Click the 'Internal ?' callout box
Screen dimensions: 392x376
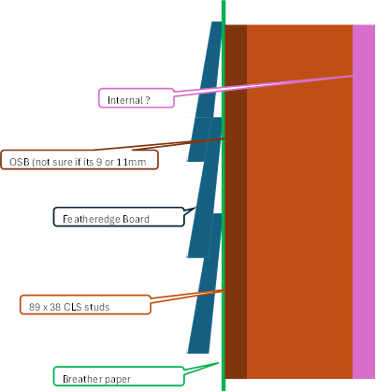(137, 98)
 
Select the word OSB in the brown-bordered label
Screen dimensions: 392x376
(19, 161)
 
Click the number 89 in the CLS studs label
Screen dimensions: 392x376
(36, 305)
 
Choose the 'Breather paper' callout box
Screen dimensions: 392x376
(117, 379)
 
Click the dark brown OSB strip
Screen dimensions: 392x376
(236, 234)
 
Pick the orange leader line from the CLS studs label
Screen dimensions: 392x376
(187, 297)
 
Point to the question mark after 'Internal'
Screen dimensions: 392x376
(147, 98)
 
